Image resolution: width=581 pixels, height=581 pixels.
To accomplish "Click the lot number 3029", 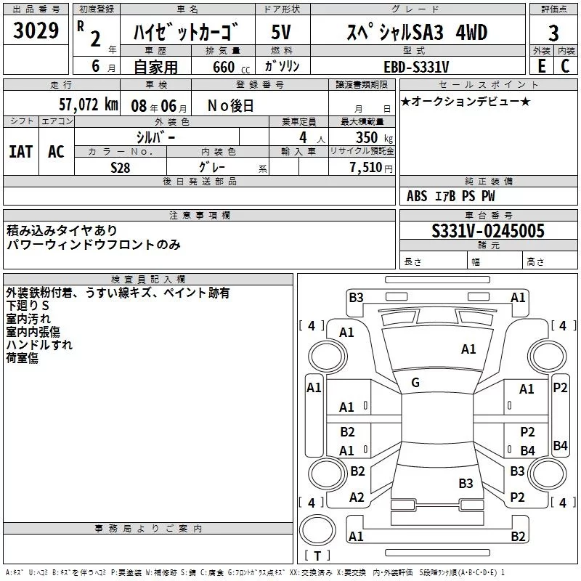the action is pyautogui.click(x=36, y=31).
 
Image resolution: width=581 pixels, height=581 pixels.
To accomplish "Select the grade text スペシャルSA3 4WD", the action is pyautogui.click(x=415, y=33).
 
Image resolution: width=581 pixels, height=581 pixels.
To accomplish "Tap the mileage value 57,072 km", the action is pyautogui.click(x=87, y=105).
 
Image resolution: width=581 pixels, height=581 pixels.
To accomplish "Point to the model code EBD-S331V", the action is pyautogui.click(x=415, y=67).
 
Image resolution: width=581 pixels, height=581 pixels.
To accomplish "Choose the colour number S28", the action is pyautogui.click(x=121, y=167).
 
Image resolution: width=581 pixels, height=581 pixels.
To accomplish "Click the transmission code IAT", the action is pyautogui.click(x=21, y=151).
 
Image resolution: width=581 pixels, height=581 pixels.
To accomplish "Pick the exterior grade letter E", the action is pyautogui.click(x=541, y=66).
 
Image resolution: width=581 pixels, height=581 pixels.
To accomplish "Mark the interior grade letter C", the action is pyautogui.click(x=565, y=66).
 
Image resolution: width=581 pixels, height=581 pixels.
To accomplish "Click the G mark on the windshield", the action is pyautogui.click(x=415, y=383).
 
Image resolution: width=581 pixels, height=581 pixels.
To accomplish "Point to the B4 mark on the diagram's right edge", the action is pyautogui.click(x=560, y=446).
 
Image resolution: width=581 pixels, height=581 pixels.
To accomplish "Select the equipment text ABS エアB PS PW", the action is pyautogui.click(x=450, y=196).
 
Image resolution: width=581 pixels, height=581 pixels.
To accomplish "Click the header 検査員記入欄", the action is pyautogui.click(x=148, y=279).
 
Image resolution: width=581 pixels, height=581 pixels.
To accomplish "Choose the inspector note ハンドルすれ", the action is pyautogui.click(x=39, y=345).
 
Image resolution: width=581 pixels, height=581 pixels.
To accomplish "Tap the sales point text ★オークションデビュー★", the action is pyautogui.click(x=465, y=102).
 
